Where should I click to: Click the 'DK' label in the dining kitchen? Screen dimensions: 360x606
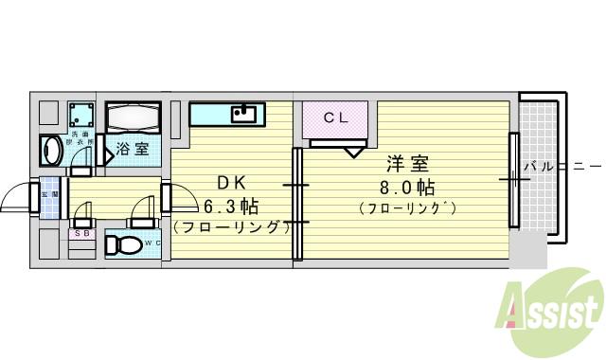click(231, 181)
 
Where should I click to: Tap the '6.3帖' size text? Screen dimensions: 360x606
click(231, 205)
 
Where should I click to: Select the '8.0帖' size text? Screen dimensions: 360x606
click(407, 186)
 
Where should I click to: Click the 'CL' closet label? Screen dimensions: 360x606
click(336, 118)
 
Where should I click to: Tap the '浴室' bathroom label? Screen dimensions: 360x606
click(132, 148)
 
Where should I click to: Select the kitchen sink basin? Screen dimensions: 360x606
click(245, 115)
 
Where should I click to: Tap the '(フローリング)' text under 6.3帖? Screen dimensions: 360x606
click(231, 227)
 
